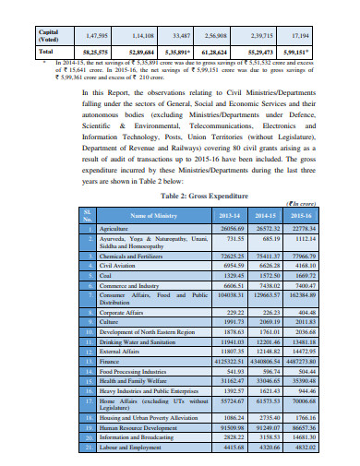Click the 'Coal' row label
click(107, 276)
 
